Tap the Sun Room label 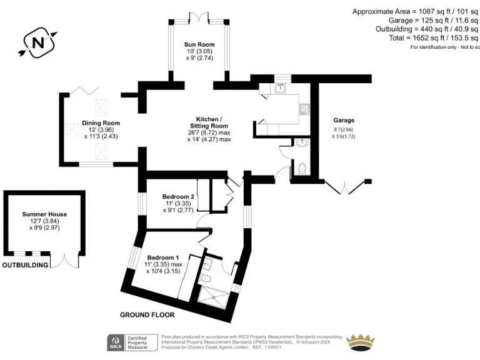[x=199, y=45]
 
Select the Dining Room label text [x=101, y=123]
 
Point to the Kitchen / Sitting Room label [x=209, y=122]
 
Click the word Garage [x=344, y=121]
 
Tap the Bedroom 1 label [x=163, y=257]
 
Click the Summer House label [x=44, y=214]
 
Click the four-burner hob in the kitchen [x=305, y=110]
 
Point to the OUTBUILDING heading [x=25, y=266]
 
